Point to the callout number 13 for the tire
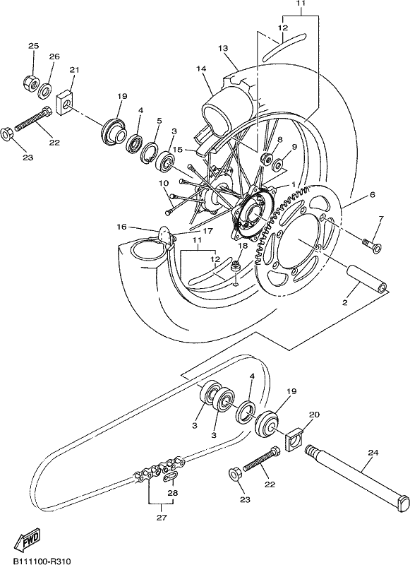(223, 48)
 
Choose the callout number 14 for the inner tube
(201, 68)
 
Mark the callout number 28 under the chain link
(173, 493)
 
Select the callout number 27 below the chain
(162, 518)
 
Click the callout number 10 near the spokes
(163, 183)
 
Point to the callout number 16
(121, 226)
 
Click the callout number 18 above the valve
(243, 246)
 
